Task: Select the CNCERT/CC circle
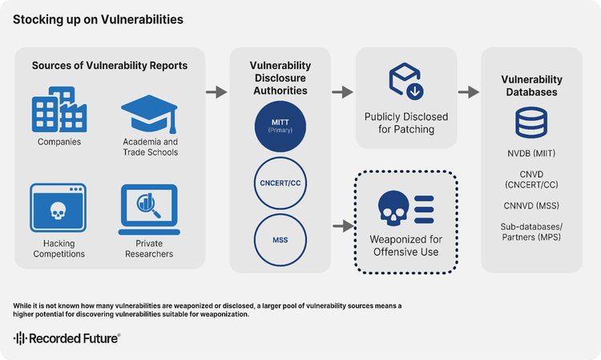click(280, 184)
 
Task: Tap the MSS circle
click(280, 239)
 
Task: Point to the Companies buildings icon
click(58, 114)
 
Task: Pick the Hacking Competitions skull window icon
click(58, 209)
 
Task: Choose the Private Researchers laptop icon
click(150, 209)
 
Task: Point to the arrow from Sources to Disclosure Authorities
click(216, 93)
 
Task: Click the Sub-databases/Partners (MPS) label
click(530, 232)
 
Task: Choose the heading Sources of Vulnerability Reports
click(110, 65)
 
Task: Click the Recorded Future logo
click(67, 338)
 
